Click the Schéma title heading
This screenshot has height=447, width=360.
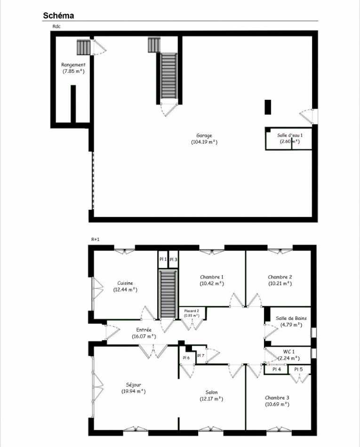coord(58,16)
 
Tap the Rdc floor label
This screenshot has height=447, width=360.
coord(56,26)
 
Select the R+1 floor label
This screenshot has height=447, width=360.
coord(96,239)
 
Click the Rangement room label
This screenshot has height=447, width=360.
coord(73,64)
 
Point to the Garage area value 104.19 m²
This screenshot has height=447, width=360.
coord(204,142)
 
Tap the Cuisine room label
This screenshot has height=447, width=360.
coord(125,283)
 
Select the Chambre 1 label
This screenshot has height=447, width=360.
coord(212,277)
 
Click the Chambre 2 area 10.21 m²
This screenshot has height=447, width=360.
coord(280,284)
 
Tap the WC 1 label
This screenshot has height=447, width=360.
coord(289,351)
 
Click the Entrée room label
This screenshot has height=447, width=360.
coord(144,330)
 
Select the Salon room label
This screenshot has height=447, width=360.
coord(211,392)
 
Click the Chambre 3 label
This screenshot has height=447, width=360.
coord(277,398)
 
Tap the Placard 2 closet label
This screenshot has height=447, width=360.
coord(191,311)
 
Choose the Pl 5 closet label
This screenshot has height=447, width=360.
coord(299,369)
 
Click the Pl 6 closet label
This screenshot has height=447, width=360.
coord(186,358)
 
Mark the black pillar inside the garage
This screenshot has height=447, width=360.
coord(268,107)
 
